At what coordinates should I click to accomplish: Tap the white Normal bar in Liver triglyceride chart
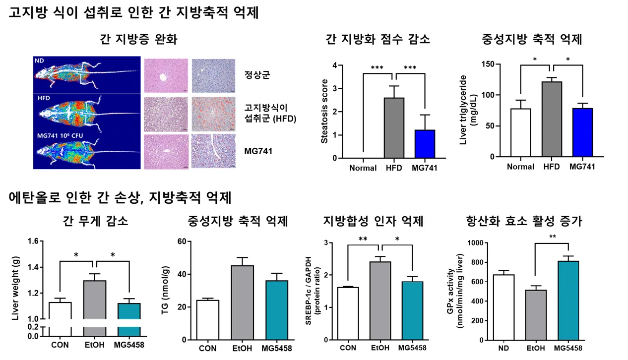520,132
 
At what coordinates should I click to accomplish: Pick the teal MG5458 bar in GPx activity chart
565,300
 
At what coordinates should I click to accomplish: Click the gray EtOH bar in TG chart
243,302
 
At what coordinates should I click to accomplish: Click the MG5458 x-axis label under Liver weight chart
128,344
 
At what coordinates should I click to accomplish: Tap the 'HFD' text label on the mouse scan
44,99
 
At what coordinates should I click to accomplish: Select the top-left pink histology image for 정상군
166,76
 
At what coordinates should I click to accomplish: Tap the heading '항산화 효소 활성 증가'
524,221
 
